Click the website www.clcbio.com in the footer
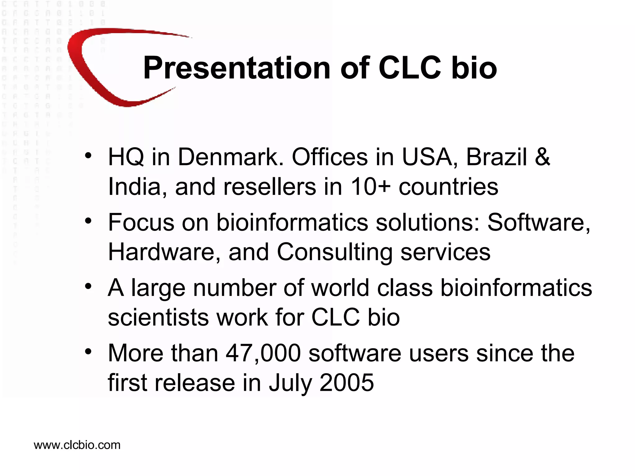pos(77,445)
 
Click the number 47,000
pos(263,353)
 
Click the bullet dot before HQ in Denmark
pos(88,156)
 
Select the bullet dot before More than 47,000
pos(88,352)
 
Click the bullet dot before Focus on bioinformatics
pos(88,221)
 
